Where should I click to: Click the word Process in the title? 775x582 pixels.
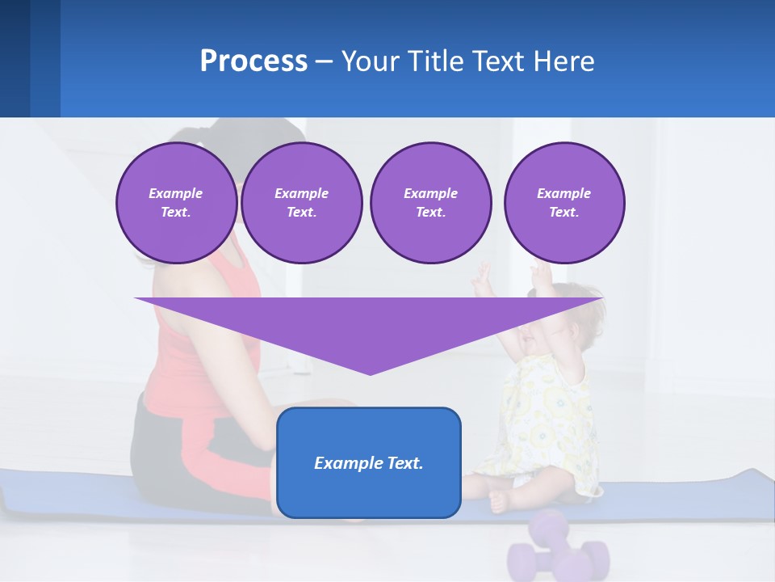pos(253,61)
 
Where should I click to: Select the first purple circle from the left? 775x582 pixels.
pos(176,203)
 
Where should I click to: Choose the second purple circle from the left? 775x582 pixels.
pos(301,203)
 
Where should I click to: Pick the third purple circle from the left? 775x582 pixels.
pos(430,203)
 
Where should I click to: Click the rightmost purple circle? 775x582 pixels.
pos(563,203)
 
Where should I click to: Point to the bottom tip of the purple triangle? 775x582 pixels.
pos(370,373)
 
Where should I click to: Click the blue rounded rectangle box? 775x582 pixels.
pos(369,493)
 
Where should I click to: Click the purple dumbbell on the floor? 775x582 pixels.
pos(557,550)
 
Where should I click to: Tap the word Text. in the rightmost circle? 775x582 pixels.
pos(563,213)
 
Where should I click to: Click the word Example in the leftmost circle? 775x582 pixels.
pos(176,193)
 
